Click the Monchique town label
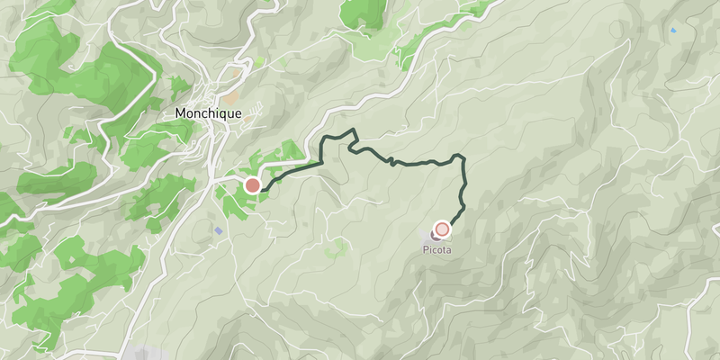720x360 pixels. point(207,114)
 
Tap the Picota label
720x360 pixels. point(436,251)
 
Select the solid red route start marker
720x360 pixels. point(253,186)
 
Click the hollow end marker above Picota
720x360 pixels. point(442,229)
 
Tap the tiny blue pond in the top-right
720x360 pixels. point(673,31)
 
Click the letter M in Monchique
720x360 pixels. point(180,114)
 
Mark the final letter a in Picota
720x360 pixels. point(448,251)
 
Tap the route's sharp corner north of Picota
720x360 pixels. point(463,158)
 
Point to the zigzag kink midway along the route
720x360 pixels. point(391,161)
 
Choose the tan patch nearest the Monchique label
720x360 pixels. point(232,94)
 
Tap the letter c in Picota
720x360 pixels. point(434,251)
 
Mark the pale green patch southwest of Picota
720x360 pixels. point(337,245)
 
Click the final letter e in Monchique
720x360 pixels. point(238,114)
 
